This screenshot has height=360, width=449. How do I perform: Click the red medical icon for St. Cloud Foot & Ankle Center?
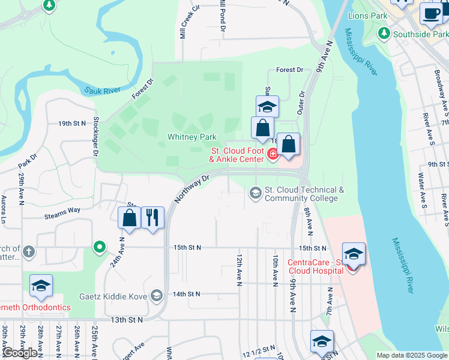273,155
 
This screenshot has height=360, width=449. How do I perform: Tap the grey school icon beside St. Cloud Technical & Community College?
256,192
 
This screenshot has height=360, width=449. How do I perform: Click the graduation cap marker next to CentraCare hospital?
354,253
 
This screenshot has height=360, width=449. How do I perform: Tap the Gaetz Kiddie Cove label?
114,295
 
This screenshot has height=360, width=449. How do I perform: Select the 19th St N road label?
73,124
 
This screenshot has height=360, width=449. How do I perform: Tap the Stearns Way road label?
62,210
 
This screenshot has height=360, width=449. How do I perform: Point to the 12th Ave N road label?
239,268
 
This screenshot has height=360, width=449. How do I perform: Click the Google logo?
20,352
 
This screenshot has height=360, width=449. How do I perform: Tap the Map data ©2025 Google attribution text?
412,355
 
